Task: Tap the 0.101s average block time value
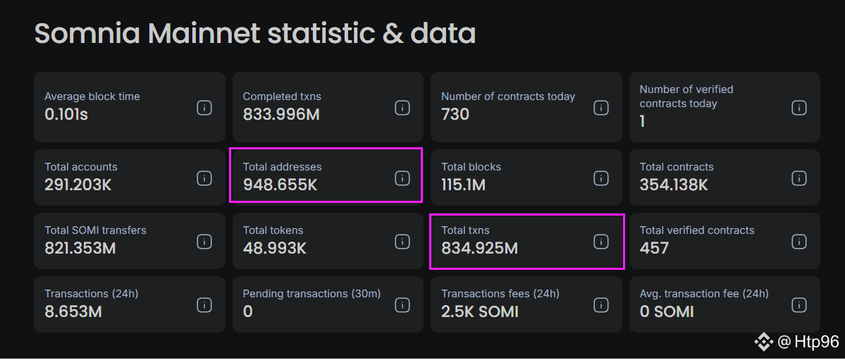click(x=66, y=114)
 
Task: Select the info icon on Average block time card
click(x=204, y=108)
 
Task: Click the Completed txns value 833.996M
click(x=281, y=114)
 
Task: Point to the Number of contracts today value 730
click(x=455, y=114)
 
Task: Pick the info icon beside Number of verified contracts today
click(x=798, y=108)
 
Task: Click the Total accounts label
click(x=81, y=167)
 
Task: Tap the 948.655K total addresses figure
click(x=280, y=185)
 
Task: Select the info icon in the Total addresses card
click(x=402, y=178)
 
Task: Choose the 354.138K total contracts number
click(x=674, y=185)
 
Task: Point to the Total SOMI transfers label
click(x=96, y=230)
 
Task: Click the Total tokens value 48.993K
click(x=275, y=248)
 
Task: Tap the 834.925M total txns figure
click(x=479, y=248)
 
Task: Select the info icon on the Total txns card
click(x=600, y=242)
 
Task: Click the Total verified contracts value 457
click(x=654, y=248)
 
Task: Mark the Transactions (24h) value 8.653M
click(x=73, y=311)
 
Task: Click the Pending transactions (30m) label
click(x=312, y=294)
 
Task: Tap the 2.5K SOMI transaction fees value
click(x=480, y=311)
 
